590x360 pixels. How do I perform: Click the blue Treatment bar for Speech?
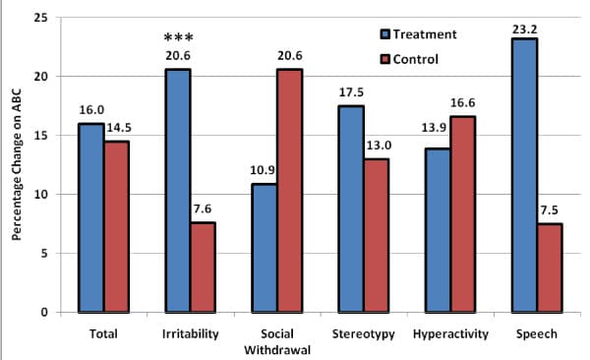(524, 175)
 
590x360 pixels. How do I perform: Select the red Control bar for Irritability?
(204, 268)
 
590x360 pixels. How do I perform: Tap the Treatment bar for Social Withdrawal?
(265, 248)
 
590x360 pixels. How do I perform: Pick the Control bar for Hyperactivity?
(463, 214)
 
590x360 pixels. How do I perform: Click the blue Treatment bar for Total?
(91, 218)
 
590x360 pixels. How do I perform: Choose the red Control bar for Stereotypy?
(377, 236)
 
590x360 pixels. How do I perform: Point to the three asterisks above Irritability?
(179, 37)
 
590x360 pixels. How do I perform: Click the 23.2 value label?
(524, 30)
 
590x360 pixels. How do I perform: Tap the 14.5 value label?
(119, 128)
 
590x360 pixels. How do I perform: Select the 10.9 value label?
(263, 170)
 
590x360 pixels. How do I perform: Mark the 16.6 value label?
(462, 103)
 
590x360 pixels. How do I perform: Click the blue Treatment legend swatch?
(385, 34)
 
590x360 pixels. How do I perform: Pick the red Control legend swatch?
(385, 59)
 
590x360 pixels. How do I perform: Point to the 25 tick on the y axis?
(41, 18)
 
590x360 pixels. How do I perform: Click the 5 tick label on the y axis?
(45, 254)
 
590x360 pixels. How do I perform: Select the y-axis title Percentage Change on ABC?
(16, 164)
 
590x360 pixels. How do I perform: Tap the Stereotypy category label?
(364, 334)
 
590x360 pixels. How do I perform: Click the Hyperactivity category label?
(450, 334)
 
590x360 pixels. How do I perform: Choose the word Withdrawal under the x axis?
(277, 350)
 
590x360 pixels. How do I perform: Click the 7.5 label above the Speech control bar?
(550, 210)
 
